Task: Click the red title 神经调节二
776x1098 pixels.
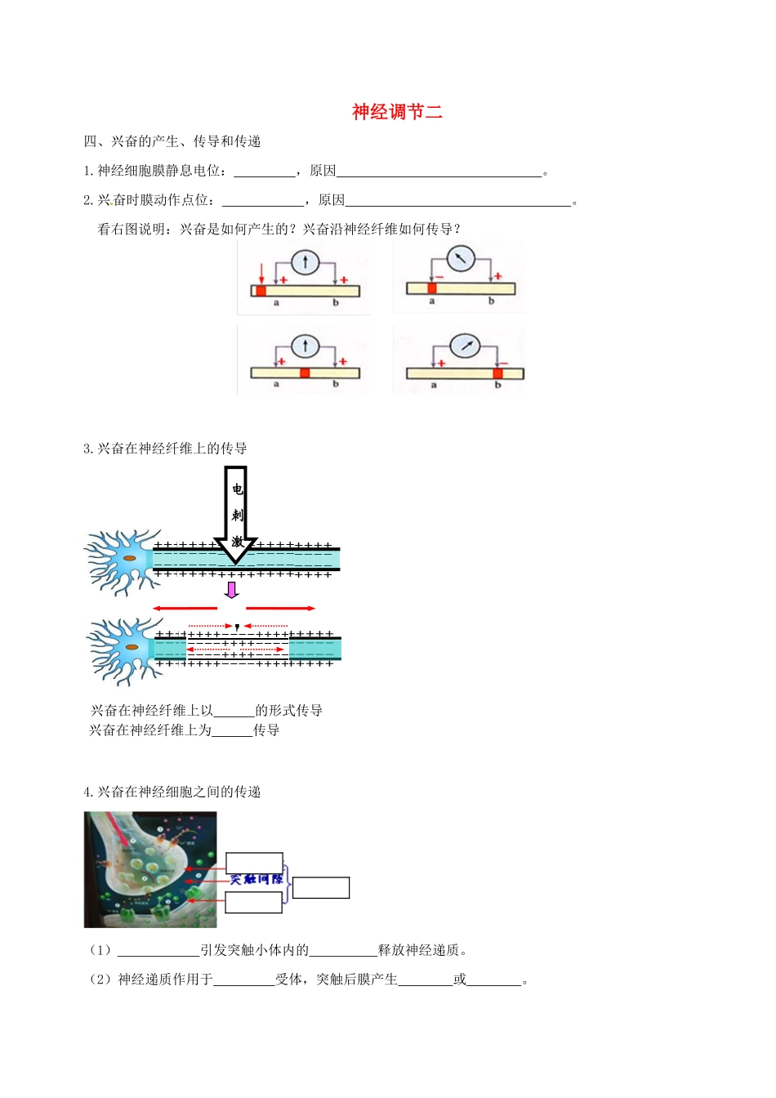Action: click(397, 112)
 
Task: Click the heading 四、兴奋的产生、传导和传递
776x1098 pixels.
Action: click(172, 142)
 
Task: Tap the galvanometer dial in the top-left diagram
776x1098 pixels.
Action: click(305, 262)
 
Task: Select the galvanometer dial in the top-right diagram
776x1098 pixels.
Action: click(461, 259)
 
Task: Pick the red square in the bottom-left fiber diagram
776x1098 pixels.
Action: click(305, 373)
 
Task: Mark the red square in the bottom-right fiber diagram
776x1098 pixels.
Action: click(497, 373)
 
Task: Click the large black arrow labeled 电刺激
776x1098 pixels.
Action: click(236, 515)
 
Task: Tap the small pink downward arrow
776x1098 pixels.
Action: click(232, 589)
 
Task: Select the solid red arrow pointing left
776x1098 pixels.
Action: click(185, 609)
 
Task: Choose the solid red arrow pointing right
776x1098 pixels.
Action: click(281, 609)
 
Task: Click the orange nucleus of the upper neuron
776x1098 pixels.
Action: click(131, 559)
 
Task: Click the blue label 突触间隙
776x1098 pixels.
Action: click(256, 880)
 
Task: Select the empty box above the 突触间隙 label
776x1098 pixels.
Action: click(254, 863)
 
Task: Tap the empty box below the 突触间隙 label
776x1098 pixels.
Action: click(254, 902)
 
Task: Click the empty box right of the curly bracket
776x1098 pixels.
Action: click(321, 888)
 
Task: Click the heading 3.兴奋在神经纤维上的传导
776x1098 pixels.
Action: click(165, 449)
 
